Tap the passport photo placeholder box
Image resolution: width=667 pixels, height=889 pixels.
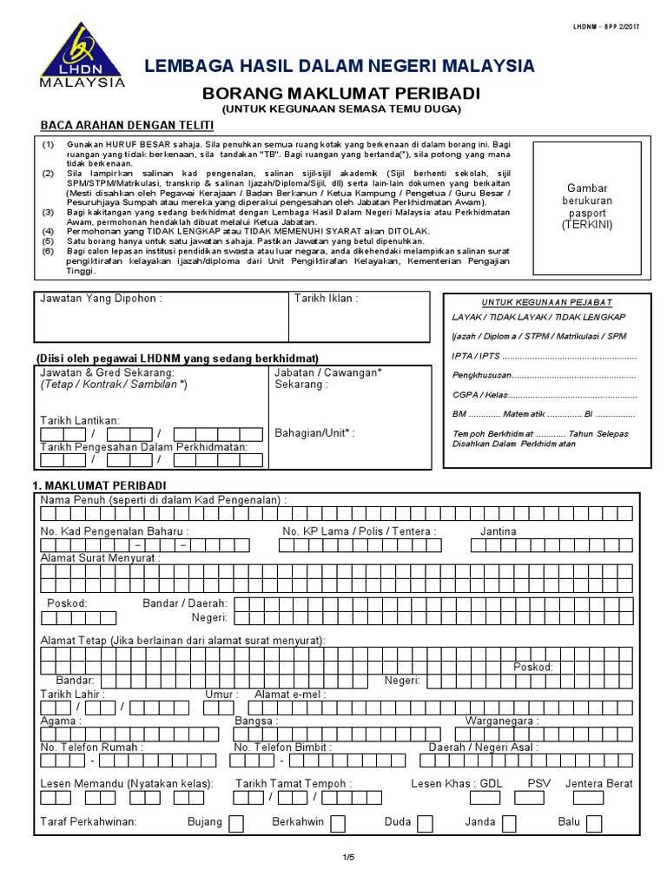tap(589, 206)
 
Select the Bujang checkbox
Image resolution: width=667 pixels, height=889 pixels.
tap(235, 823)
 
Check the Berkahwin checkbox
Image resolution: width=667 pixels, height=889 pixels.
tap(338, 823)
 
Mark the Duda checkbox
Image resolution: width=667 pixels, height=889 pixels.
tap(425, 823)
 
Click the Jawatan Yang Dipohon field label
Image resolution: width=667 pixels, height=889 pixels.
tap(101, 299)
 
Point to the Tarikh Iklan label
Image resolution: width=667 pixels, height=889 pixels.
tap(326, 299)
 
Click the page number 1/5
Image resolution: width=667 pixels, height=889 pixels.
tap(348, 858)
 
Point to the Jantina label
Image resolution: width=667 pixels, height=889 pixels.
tap(498, 530)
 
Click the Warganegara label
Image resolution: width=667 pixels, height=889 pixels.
tap(502, 721)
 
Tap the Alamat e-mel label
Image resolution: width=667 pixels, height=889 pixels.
tap(288, 695)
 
